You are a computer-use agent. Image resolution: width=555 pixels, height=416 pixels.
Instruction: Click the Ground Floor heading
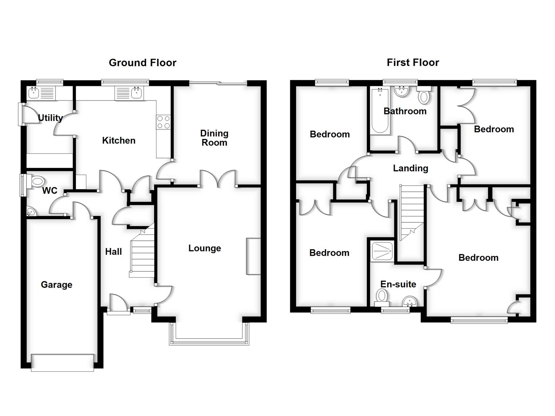click(142, 63)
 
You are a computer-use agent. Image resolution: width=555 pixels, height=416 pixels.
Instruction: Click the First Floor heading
click(413, 62)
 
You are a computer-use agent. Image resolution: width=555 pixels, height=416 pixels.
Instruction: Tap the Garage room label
click(56, 285)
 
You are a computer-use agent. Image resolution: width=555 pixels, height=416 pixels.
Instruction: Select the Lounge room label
click(204, 248)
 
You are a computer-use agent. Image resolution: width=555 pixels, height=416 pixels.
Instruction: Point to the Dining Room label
click(214, 138)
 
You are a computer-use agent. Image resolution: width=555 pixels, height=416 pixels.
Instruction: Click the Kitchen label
click(119, 141)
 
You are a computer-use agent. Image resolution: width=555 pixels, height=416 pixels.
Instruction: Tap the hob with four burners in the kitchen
click(163, 122)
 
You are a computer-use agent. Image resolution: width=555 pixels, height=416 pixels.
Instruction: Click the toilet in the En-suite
click(382, 296)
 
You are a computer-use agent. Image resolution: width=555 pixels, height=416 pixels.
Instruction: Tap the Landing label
click(410, 168)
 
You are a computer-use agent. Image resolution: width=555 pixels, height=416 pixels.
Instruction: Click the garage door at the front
click(62, 362)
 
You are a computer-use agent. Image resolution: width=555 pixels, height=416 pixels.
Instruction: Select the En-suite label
click(398, 284)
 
